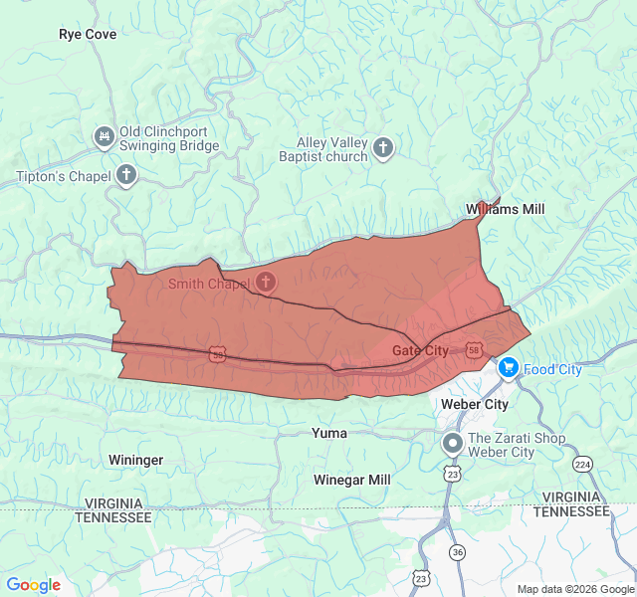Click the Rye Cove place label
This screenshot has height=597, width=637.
click(88, 34)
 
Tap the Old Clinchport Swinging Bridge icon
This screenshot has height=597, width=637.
click(104, 136)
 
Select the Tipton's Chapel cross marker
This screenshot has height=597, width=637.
click(126, 176)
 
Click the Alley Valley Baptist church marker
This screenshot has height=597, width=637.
click(383, 149)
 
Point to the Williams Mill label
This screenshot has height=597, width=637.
click(506, 209)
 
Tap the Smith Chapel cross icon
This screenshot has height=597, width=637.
click(265, 283)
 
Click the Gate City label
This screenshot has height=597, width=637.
click(420, 350)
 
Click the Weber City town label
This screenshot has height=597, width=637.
click(475, 404)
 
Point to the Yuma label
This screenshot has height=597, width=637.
click(329, 433)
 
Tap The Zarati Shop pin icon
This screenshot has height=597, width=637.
click(453, 444)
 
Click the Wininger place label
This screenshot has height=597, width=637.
click(136, 460)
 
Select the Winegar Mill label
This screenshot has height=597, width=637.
click(352, 480)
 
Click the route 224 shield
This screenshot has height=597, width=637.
click(582, 464)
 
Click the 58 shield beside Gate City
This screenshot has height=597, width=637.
click(474, 350)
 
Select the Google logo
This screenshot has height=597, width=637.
click(34, 585)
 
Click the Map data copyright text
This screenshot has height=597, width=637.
click(574, 589)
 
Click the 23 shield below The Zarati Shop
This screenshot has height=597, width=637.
click(453, 475)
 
